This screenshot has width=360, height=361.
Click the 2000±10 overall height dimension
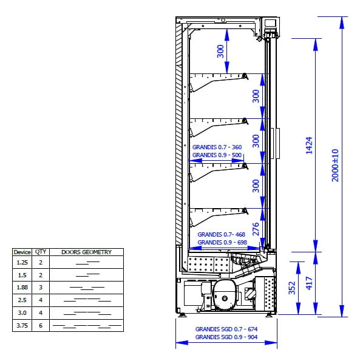[x=335, y=165]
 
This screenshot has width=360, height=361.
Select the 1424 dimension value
[x=309, y=145]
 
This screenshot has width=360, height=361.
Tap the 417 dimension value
[x=309, y=283]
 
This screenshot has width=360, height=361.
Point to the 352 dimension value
[x=292, y=288]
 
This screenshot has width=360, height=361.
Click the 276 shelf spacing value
[x=256, y=229]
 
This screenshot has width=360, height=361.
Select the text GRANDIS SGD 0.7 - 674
[x=226, y=329]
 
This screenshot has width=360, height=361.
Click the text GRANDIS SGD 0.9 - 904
[x=226, y=337]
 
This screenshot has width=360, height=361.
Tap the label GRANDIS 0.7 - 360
[x=217, y=147]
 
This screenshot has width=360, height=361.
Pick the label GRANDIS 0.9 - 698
[x=222, y=243]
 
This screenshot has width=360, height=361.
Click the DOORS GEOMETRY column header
[x=86, y=252]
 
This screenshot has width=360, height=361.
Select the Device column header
[x=22, y=252]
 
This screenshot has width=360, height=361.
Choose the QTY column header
[x=41, y=252]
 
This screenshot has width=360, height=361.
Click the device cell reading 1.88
[x=22, y=288]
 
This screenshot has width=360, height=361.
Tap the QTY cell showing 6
[x=41, y=326]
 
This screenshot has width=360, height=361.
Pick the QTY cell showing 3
[x=41, y=288]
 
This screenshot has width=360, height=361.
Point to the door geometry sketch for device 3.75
[x=87, y=326]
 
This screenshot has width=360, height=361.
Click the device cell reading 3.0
[x=22, y=313]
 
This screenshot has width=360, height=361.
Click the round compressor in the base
[x=225, y=294]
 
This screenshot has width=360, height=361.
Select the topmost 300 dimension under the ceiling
[x=220, y=51]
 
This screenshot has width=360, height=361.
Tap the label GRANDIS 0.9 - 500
[x=217, y=155]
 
